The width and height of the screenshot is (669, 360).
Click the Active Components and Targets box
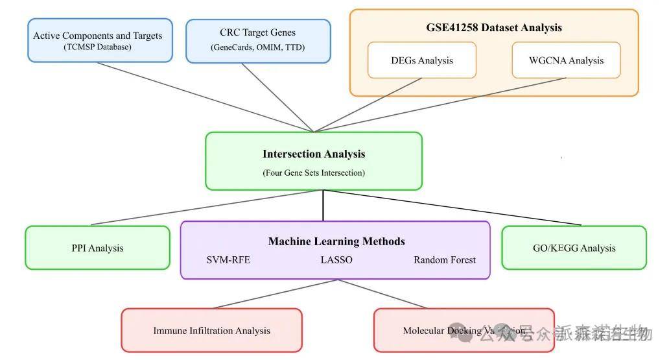pos(97,40)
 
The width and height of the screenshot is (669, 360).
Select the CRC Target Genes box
pos(257,40)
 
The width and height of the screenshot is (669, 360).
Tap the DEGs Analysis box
pos(421,60)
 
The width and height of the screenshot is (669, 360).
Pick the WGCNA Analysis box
pos(566,60)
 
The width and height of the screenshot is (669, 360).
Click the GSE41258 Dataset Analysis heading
pos(493,27)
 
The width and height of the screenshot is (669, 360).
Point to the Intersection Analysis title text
pos(314,154)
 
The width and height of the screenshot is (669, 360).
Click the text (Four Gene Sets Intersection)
pos(314,173)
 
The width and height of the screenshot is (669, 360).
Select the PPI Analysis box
pos(97,248)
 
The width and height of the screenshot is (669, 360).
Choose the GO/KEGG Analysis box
pos(574,248)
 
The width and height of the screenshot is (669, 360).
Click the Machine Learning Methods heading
pos(336,241)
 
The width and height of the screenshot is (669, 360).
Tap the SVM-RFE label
pos(228,260)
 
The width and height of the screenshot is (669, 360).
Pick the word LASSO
pos(336,260)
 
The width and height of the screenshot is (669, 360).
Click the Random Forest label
pos(444,260)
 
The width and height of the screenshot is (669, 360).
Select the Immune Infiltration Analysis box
pos(211,331)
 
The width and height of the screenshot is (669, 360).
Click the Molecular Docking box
pos(464,331)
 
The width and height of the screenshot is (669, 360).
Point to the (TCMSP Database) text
pos(97,47)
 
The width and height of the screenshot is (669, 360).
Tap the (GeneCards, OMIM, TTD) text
pos(257,47)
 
